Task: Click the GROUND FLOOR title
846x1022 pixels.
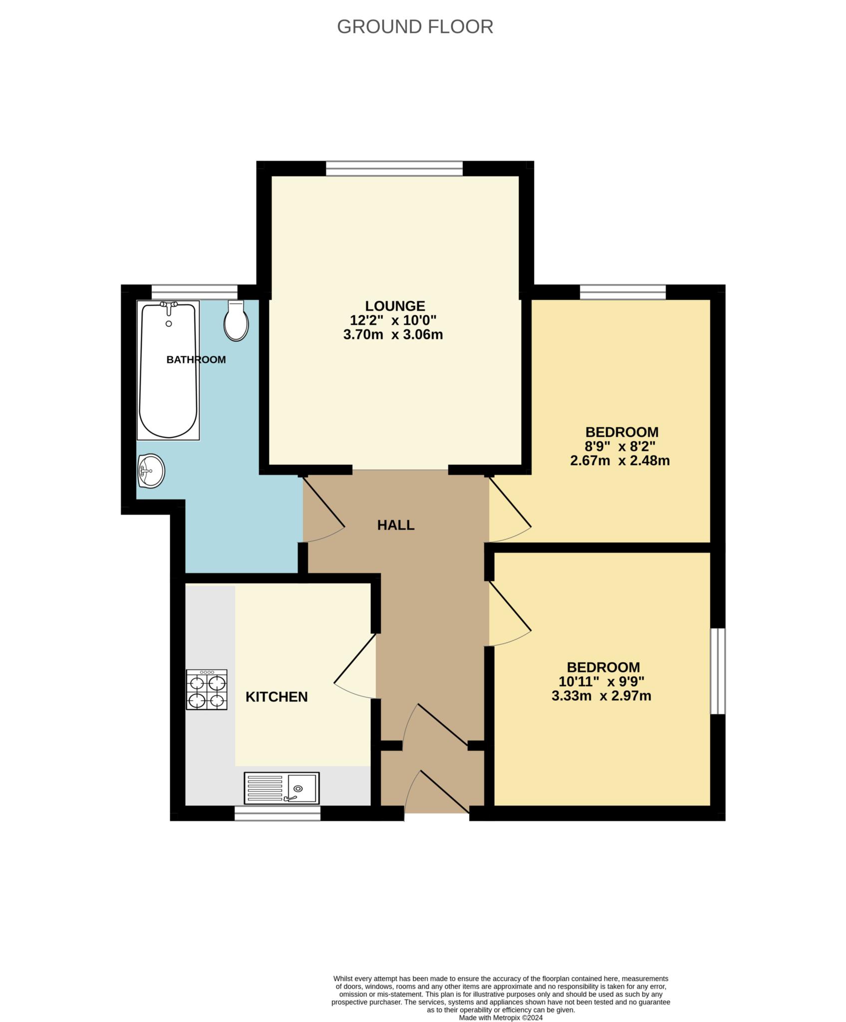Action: [x=415, y=26]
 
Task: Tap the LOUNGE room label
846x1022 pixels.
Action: [x=395, y=305]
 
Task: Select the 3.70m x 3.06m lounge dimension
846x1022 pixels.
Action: [x=393, y=334]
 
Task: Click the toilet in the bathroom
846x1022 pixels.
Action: [x=236, y=320]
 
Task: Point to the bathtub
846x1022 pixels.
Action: [x=169, y=370]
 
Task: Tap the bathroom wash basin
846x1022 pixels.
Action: [x=151, y=471]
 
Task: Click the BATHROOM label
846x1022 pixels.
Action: [x=196, y=359]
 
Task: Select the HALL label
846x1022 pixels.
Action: [x=396, y=525]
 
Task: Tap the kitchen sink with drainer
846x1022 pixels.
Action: [x=282, y=788]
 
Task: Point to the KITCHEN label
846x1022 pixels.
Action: [x=277, y=697]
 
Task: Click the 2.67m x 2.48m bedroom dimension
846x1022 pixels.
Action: [x=620, y=460]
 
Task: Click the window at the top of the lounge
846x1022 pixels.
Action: [x=394, y=169]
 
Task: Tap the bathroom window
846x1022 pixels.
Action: [x=195, y=292]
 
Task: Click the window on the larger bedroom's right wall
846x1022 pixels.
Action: [x=718, y=671]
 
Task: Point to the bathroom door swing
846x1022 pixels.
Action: [x=324, y=510]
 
